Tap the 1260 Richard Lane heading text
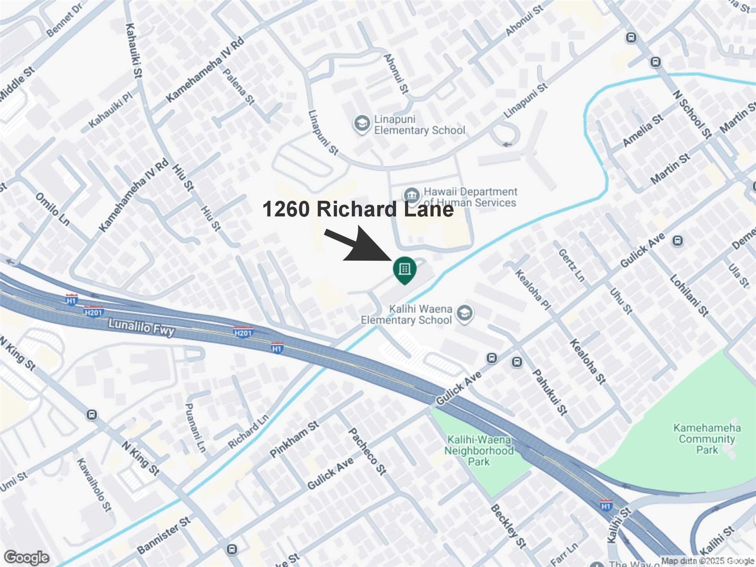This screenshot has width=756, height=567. tap(358, 209)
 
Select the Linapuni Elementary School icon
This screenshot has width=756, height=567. tap(362, 124)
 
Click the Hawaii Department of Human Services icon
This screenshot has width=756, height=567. tap(412, 195)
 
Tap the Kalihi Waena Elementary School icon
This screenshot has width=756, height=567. tap(464, 313)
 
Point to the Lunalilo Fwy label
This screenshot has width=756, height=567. tap(141, 327)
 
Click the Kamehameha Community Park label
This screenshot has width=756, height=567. tap(707, 438)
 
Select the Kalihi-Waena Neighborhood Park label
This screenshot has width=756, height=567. tap(478, 450)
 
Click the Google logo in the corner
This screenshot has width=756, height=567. tap(26, 558)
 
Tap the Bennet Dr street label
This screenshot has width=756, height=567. tap(65, 20)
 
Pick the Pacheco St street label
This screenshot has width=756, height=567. tap(368, 451)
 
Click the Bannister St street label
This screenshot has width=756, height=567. tap(163, 536)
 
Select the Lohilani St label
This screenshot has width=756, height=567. tap(689, 295)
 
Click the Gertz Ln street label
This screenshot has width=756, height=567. tap(572, 266)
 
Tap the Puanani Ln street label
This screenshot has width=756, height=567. tap(195, 427)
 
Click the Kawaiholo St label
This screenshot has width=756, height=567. tap(94, 485)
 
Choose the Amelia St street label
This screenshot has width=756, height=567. tap(643, 130)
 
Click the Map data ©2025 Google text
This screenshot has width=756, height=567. tap(707, 561)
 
